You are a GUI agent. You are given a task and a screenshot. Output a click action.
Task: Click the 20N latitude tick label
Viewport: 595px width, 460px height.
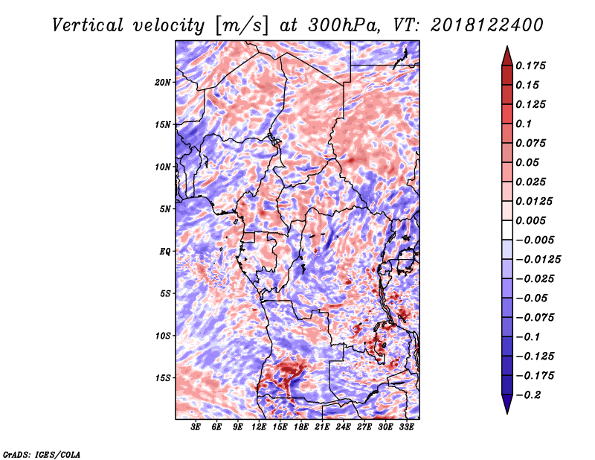(x=162, y=83)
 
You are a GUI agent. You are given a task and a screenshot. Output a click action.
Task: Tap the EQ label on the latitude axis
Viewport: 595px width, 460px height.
(x=165, y=252)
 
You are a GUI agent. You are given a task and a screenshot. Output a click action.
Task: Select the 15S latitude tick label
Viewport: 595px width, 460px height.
(x=162, y=378)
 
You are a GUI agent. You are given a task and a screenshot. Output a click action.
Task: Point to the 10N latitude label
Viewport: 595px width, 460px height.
(x=162, y=167)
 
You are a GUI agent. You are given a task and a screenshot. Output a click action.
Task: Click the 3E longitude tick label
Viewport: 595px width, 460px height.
(x=196, y=427)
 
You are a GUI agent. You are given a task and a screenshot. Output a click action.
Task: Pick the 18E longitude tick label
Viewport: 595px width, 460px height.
(x=301, y=427)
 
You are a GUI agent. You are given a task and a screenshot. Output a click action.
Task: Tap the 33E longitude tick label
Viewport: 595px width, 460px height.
(x=406, y=427)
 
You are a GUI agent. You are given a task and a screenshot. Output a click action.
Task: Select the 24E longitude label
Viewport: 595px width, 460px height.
(x=343, y=427)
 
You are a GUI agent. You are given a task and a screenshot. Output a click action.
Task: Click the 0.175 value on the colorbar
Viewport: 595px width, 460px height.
(x=530, y=66)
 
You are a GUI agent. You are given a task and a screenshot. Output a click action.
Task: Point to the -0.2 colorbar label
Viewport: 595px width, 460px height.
(x=528, y=395)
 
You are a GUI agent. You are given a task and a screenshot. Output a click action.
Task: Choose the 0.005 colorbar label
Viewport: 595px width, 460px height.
(x=530, y=220)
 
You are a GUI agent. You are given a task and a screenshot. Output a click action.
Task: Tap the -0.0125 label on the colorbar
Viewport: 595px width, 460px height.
(x=538, y=260)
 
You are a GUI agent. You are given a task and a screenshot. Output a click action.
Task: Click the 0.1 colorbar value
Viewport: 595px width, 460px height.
(x=524, y=124)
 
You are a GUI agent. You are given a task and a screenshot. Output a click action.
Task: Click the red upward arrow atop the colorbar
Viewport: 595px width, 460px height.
(x=507, y=56)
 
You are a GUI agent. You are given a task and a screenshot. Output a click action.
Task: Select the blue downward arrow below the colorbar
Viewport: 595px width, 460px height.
(x=507, y=404)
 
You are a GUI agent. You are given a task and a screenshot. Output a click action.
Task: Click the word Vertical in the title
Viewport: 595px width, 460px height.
(x=88, y=25)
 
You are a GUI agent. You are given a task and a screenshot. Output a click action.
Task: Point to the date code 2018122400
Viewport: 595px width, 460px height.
(x=486, y=25)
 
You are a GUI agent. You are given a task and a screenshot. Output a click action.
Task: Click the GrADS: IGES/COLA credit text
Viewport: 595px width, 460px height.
(x=42, y=455)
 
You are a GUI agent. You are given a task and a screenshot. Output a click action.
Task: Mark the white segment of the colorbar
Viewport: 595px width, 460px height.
(x=507, y=230)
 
